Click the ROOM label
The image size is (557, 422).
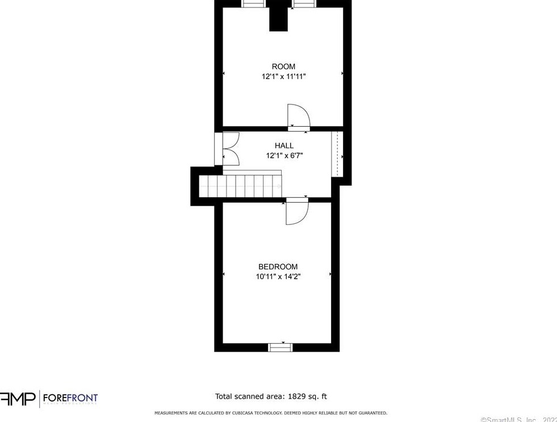[283, 66]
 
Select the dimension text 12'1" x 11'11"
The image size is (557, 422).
[283, 77]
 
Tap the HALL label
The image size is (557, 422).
[284, 146]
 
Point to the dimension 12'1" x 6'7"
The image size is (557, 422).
[284, 156]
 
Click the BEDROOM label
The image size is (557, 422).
[278, 267]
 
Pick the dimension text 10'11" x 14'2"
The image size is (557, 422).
[278, 277]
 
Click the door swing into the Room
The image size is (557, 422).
[299, 116]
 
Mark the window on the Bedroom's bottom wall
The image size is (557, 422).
[279, 346]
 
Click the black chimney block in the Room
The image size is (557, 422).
[278, 16]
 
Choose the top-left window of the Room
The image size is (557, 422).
[253, 3]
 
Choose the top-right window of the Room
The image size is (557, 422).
[304, 3]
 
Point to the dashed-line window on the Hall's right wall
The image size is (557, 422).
[337, 153]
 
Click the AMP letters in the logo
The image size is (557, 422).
[17, 399]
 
